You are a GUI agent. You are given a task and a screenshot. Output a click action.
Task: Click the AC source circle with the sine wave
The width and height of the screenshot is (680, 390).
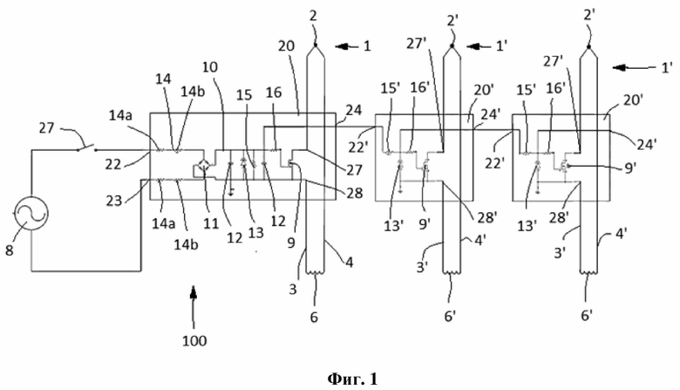click(x=31, y=214)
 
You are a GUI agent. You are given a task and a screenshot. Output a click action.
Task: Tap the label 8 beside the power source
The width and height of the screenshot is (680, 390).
click(x=10, y=250)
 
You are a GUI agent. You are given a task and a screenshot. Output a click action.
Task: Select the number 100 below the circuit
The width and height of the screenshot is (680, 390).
click(x=194, y=340)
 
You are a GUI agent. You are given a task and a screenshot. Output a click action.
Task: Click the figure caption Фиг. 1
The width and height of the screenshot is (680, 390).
click(x=352, y=379)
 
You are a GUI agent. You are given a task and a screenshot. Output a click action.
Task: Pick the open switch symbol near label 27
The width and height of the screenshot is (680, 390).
click(x=87, y=148)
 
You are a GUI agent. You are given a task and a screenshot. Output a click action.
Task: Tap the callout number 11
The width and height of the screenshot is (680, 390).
click(x=211, y=224)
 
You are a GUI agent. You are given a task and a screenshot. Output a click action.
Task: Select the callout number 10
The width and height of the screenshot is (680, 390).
click(x=209, y=67)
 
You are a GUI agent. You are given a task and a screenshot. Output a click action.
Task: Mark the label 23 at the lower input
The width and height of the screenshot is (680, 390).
click(x=114, y=200)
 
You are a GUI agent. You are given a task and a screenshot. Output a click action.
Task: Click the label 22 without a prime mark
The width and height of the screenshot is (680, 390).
click(x=113, y=164)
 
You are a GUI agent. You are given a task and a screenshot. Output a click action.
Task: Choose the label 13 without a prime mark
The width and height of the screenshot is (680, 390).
click(x=255, y=233)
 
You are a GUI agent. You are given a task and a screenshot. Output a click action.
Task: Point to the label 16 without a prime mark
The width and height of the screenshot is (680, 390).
click(x=274, y=92)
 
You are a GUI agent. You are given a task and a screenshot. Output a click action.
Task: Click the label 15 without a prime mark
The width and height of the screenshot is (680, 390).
click(x=244, y=94)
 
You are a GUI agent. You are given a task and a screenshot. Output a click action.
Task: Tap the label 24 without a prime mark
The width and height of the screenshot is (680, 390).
click(x=353, y=110)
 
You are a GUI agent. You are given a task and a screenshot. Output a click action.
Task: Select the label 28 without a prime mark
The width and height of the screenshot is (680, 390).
click(x=354, y=193)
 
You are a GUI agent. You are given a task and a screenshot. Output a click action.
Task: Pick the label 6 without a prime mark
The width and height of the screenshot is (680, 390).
click(x=314, y=317)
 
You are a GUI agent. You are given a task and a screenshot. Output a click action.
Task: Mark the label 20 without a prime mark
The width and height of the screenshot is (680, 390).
click(x=286, y=45)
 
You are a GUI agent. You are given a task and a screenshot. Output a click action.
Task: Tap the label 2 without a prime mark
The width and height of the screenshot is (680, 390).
click(x=313, y=16)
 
